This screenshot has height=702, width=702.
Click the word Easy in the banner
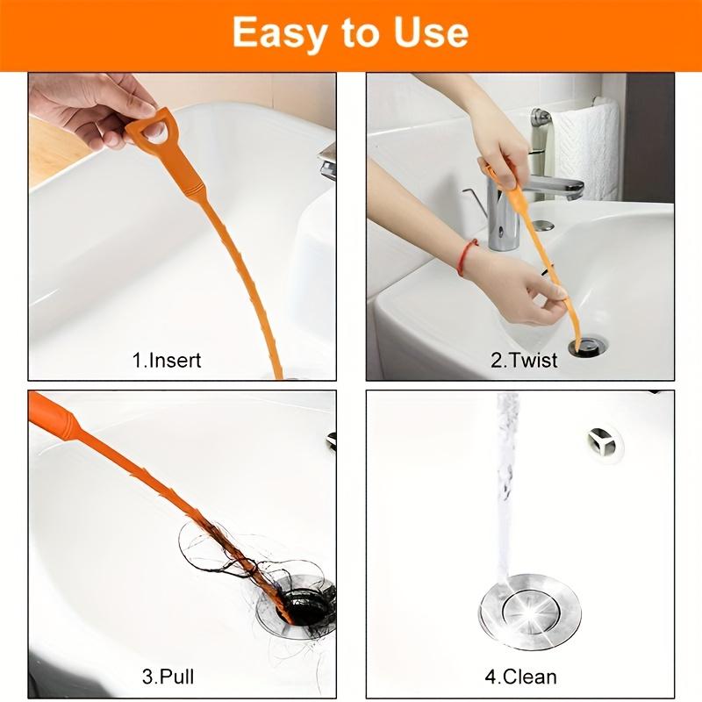click(279, 32)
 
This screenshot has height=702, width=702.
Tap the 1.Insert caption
click(166, 360)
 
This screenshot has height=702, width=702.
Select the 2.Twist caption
click(524, 360)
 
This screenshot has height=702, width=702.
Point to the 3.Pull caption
click(168, 677)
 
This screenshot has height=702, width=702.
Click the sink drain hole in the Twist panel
click(585, 347)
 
